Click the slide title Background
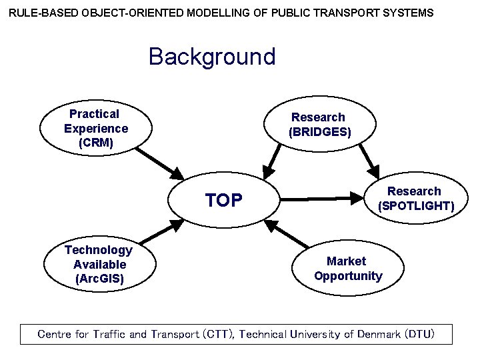click(x=212, y=57)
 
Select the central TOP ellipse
click(x=224, y=200)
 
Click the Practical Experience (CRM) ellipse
click(x=96, y=129)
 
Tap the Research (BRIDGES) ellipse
click(x=319, y=125)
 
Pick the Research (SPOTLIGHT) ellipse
click(x=413, y=199)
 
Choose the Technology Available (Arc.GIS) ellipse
click(x=99, y=264)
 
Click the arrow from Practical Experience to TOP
click(x=160, y=163)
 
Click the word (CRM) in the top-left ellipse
click(x=96, y=143)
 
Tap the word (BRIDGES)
click(x=319, y=132)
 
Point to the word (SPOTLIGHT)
click(x=416, y=206)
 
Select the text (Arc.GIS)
click(x=99, y=279)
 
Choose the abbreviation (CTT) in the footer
click(x=217, y=334)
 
